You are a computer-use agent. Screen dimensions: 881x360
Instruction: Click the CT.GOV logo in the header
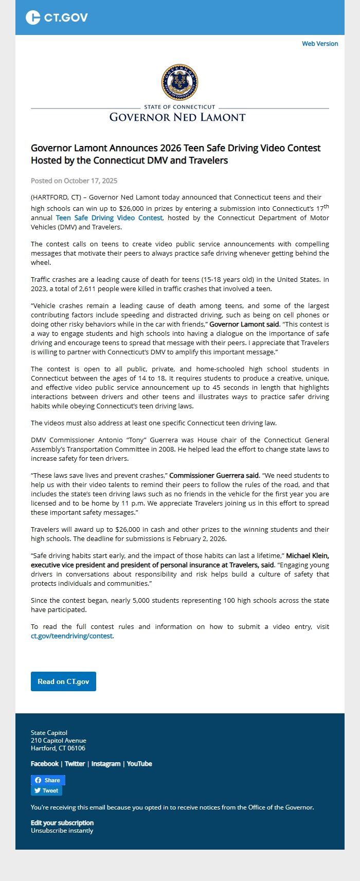pos(57,17)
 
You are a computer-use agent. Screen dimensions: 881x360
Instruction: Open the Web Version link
pos(320,44)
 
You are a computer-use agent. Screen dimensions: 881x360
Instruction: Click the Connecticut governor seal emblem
pos(179,82)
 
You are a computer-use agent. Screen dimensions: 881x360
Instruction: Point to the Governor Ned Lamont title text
pos(177,117)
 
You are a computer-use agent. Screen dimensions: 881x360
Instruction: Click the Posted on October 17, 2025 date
pos(74,181)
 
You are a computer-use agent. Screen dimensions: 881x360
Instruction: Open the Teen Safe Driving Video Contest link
pos(109,218)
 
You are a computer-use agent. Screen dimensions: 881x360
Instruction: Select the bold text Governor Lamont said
pos(245,325)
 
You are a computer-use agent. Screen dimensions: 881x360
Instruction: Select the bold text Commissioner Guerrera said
pos(214,476)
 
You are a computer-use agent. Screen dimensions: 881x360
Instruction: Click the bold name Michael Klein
pos(308,556)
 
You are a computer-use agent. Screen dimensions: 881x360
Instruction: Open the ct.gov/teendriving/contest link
pos(71,636)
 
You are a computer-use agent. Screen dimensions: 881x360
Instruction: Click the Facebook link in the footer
pos(45,764)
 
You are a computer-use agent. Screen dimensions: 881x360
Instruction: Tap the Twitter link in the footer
pos(75,764)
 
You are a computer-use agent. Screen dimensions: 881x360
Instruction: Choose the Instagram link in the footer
pos(106,764)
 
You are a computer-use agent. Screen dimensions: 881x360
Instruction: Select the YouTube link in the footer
pos(139,764)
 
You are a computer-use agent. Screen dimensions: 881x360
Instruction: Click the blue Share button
pos(48,780)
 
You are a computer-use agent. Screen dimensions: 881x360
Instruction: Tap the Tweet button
pos(46,791)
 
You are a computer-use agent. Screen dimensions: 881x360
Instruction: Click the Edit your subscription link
pos(62,823)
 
